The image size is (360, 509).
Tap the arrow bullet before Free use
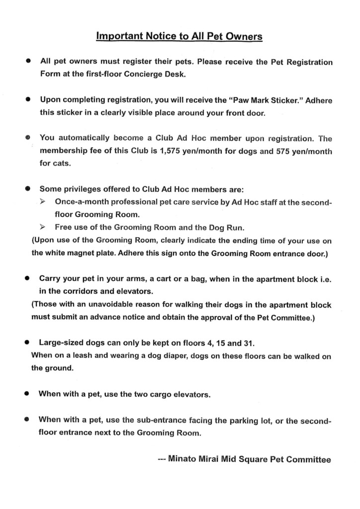point(43,227)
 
